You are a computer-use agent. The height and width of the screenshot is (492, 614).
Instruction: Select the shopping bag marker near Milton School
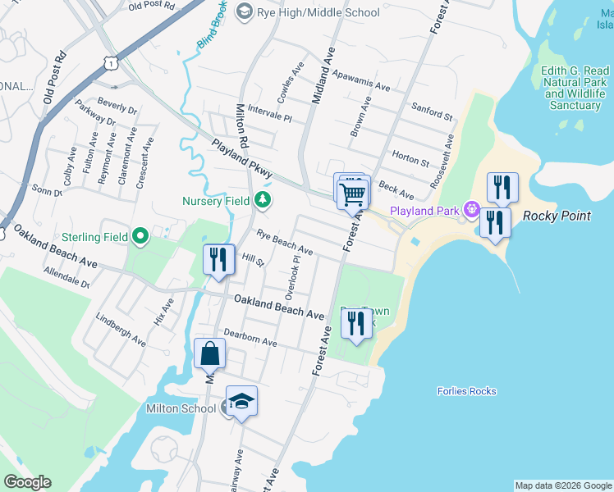click(210, 354)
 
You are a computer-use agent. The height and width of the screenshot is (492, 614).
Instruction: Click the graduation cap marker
click(241, 402)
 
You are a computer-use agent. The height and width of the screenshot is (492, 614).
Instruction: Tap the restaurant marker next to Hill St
click(219, 260)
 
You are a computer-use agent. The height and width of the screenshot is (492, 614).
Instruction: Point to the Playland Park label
click(424, 211)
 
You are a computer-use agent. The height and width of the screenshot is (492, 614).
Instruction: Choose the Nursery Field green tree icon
click(262, 200)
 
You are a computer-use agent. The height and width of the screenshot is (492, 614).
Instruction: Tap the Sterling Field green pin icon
click(140, 238)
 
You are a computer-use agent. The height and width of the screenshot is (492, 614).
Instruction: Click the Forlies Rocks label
click(467, 391)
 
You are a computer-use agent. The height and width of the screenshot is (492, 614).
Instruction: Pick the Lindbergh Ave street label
click(120, 328)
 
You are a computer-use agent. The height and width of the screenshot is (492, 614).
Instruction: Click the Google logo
click(27, 482)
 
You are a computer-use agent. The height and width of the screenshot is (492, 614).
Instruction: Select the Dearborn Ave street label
click(250, 338)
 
